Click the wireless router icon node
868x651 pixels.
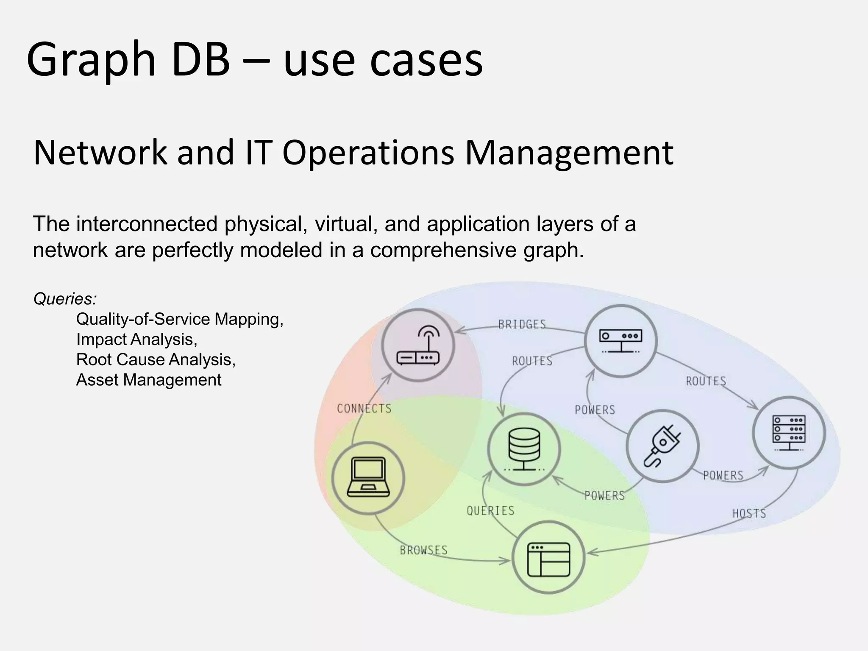418,345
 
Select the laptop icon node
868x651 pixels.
368,478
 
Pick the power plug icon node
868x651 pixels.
662,446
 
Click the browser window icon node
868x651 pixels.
548,557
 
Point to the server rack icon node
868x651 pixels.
789,433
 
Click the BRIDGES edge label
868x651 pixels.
522,325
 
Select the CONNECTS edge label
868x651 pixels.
364,409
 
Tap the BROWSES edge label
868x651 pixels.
423,550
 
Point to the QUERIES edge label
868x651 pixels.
490,511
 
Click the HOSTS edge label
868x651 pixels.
749,514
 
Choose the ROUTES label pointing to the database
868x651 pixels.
532,361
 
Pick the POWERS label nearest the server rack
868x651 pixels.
723,476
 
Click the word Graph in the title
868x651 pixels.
91,60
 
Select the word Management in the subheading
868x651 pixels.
569,153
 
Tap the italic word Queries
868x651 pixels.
65,299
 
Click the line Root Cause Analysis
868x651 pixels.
156,360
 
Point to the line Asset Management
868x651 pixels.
148,380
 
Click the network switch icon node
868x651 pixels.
620,341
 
